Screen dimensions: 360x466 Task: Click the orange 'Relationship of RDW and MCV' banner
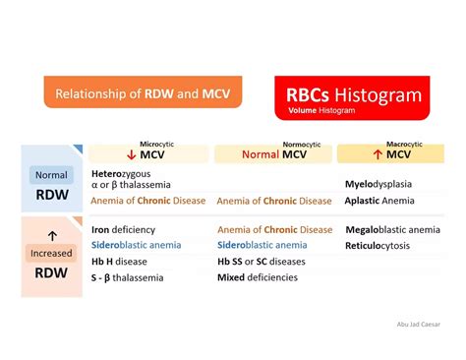[143, 95]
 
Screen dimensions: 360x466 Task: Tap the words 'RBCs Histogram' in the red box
[355, 94]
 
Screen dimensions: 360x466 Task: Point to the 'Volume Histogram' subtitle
[321, 111]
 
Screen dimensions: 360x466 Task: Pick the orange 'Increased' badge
[51, 253]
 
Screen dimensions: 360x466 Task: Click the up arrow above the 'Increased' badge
[51, 234]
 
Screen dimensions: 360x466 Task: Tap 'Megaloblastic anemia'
[393, 230]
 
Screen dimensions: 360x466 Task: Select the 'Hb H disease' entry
[121, 261]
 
